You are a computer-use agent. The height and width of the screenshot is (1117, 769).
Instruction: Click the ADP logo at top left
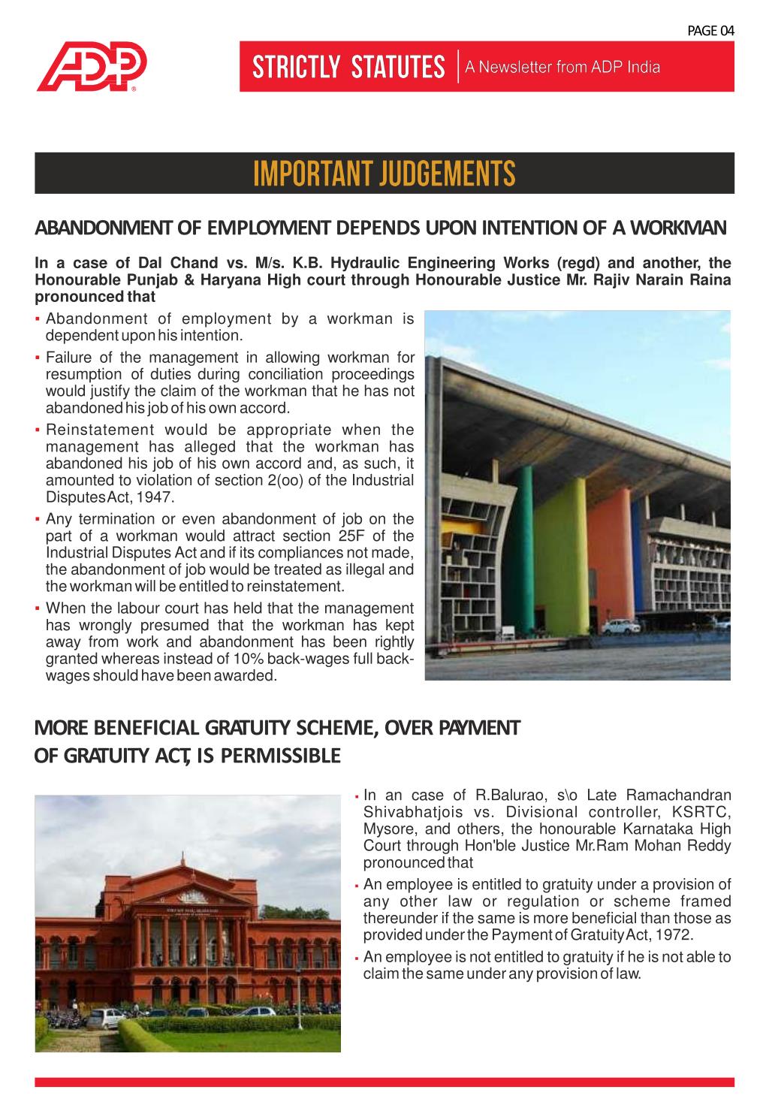point(92,68)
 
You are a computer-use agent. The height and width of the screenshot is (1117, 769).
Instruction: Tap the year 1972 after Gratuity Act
point(677,935)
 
